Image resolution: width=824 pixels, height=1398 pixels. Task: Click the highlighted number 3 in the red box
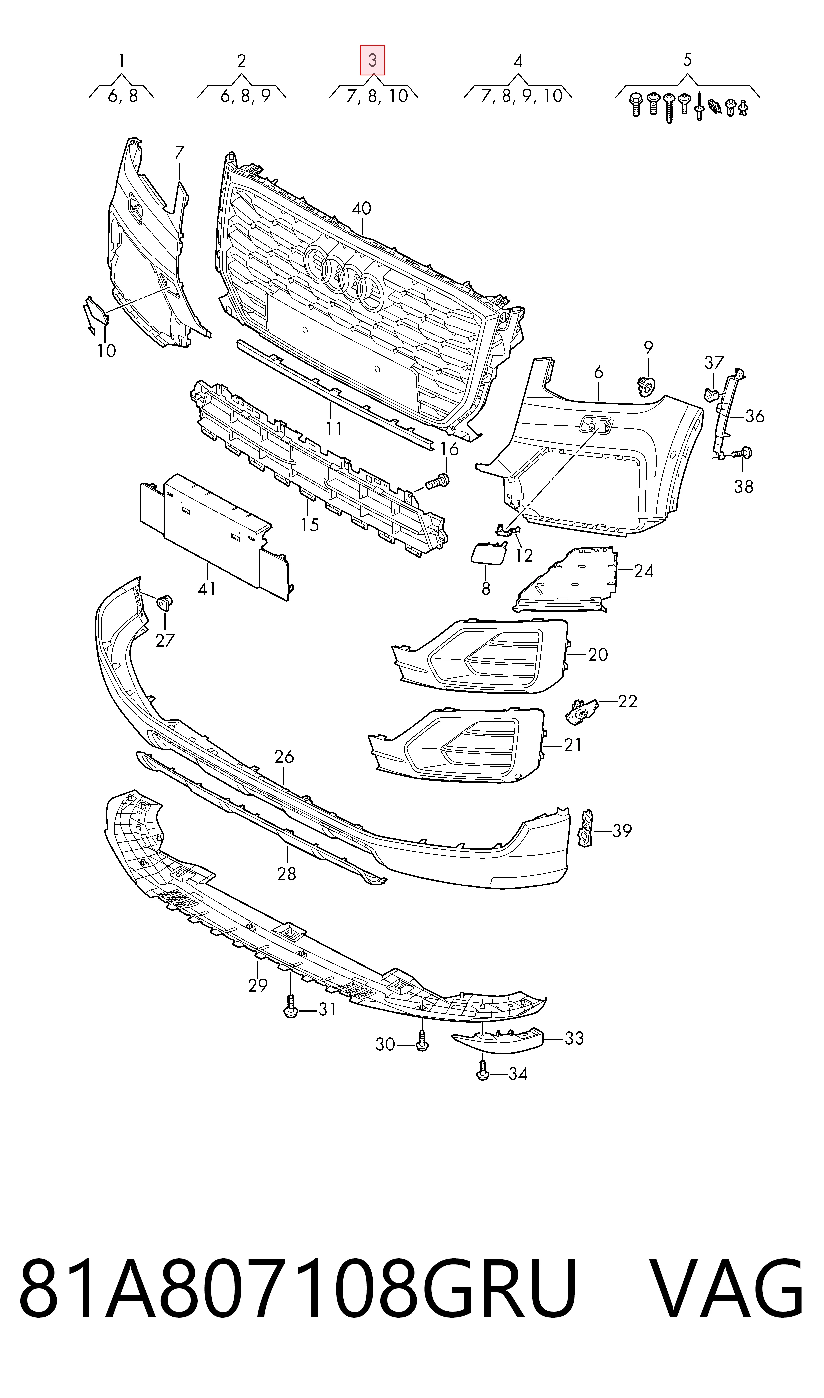372,60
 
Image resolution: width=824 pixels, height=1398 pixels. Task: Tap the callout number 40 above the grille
361,209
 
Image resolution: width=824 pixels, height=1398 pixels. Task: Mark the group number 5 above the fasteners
687,60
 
